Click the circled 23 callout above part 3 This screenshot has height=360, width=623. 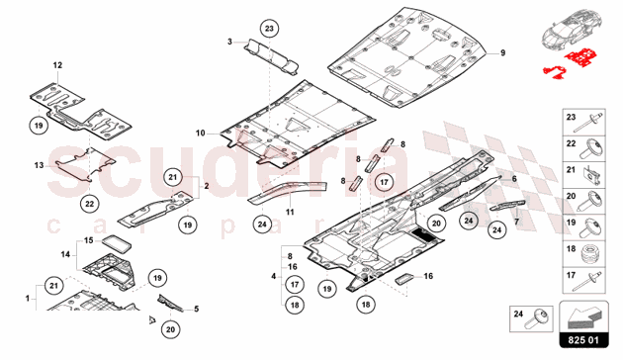tap(269, 29)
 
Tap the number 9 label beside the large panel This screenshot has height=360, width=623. tap(502, 52)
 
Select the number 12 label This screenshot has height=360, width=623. tap(57, 65)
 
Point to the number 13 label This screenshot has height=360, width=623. tap(39, 165)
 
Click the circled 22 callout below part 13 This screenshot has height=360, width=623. tap(89, 204)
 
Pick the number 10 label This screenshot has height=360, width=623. tap(200, 134)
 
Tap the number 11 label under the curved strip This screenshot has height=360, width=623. tap(290, 213)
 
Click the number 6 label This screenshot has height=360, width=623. tap(514, 179)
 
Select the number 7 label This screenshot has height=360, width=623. tap(516, 222)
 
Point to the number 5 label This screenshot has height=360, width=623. tap(196, 309)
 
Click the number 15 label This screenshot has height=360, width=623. tap(88, 240)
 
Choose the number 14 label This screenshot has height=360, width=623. tap(65, 254)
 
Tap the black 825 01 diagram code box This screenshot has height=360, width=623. tap(583, 340)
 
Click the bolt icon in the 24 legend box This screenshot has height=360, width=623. tap(537, 319)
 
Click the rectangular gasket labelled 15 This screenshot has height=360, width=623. tap(117, 242)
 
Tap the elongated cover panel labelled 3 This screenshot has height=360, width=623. tap(271, 56)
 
